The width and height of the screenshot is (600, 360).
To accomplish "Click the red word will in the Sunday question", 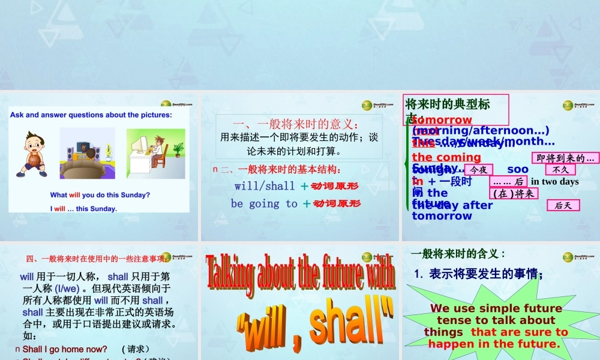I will tap(74, 195).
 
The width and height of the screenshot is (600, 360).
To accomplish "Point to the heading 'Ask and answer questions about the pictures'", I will tap(91, 115).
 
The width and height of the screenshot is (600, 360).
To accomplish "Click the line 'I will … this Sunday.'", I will tap(83, 209).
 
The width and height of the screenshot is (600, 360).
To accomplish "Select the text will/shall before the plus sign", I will tap(265, 186).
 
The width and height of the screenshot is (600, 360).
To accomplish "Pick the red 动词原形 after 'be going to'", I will tap(337, 204).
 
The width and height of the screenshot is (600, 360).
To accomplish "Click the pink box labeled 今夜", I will tap(478, 170).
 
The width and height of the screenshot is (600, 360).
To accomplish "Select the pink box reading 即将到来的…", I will tap(565, 158).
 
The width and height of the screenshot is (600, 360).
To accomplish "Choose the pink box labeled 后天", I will tap(563, 206).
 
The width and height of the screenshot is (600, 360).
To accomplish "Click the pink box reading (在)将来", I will tap(513, 193).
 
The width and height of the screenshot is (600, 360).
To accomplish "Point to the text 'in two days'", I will tap(555, 182).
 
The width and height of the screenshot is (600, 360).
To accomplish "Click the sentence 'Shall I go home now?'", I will tap(65, 349).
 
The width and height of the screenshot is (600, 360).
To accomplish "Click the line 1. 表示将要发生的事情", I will tap(478, 274).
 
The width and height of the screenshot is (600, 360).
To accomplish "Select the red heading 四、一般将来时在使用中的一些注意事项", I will tap(96, 259).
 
